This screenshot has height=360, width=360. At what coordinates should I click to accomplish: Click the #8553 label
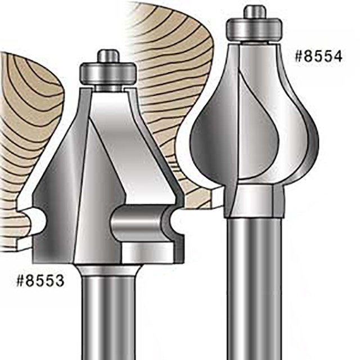[40, 280]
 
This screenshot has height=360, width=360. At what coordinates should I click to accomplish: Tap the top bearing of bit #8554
[254, 28]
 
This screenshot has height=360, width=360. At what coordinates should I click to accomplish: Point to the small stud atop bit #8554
[254, 11]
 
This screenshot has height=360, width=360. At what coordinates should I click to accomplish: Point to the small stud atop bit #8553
[108, 56]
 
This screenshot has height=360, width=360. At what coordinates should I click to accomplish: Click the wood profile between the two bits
[163, 84]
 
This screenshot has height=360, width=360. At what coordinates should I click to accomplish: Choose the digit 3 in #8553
[60, 280]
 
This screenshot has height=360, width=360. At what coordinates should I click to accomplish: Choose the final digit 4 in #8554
[341, 57]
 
